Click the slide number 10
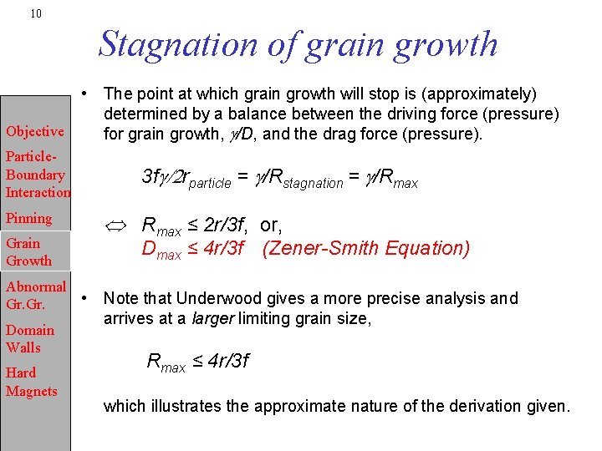coord(35,13)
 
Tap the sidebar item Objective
coord(34,131)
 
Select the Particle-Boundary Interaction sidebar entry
coord(36,175)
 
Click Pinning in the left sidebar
coord(28,218)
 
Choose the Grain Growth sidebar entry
coord(28,252)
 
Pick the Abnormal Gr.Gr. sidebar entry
coord(35,296)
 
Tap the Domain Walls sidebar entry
coord(29,339)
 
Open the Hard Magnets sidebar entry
coord(31,383)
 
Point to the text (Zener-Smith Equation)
coord(366,249)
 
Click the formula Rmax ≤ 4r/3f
coord(197,362)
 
